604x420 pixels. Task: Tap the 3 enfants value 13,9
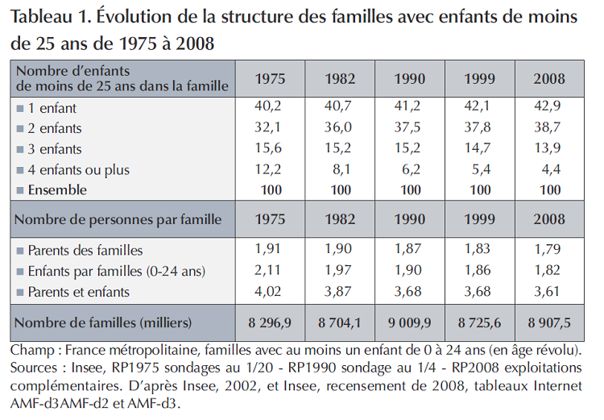click(549, 149)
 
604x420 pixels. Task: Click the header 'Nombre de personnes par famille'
click(118, 218)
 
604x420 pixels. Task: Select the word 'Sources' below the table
click(34, 368)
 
